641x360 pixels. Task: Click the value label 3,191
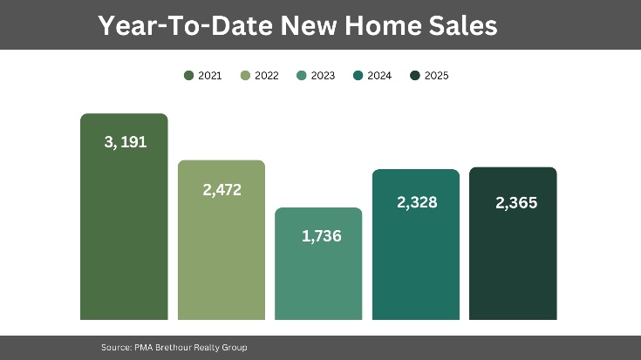tap(125, 142)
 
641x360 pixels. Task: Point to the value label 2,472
tap(222, 189)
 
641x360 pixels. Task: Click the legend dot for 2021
tap(188, 76)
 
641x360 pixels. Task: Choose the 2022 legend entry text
tap(267, 76)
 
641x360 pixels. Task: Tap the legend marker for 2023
tap(302, 76)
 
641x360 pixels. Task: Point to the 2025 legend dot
tap(415, 76)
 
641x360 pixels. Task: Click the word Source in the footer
tap(115, 348)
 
